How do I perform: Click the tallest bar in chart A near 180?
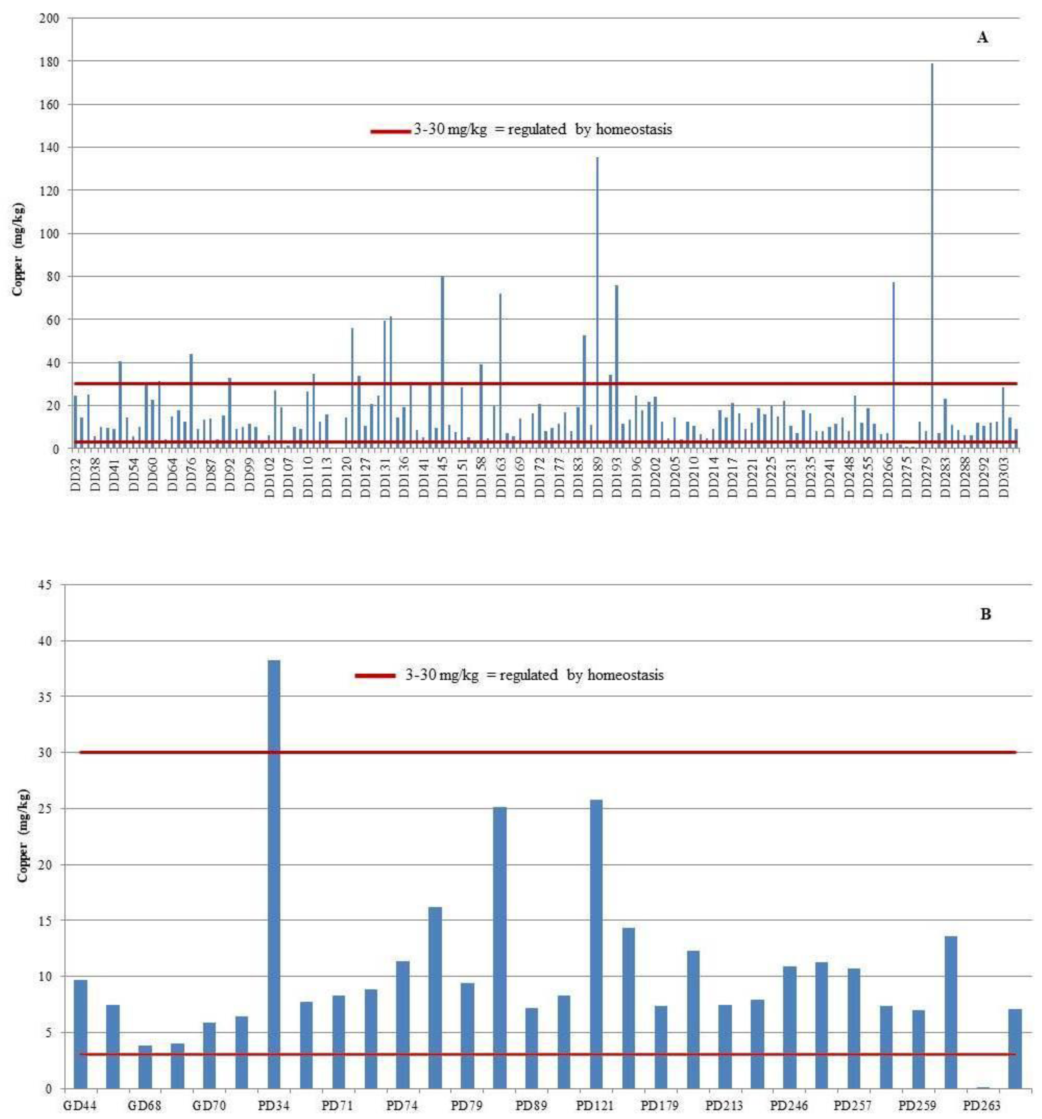click(x=932, y=253)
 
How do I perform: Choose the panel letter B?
click(x=986, y=614)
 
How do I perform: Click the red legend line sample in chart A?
click(x=391, y=132)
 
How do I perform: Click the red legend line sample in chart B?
click(x=375, y=676)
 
